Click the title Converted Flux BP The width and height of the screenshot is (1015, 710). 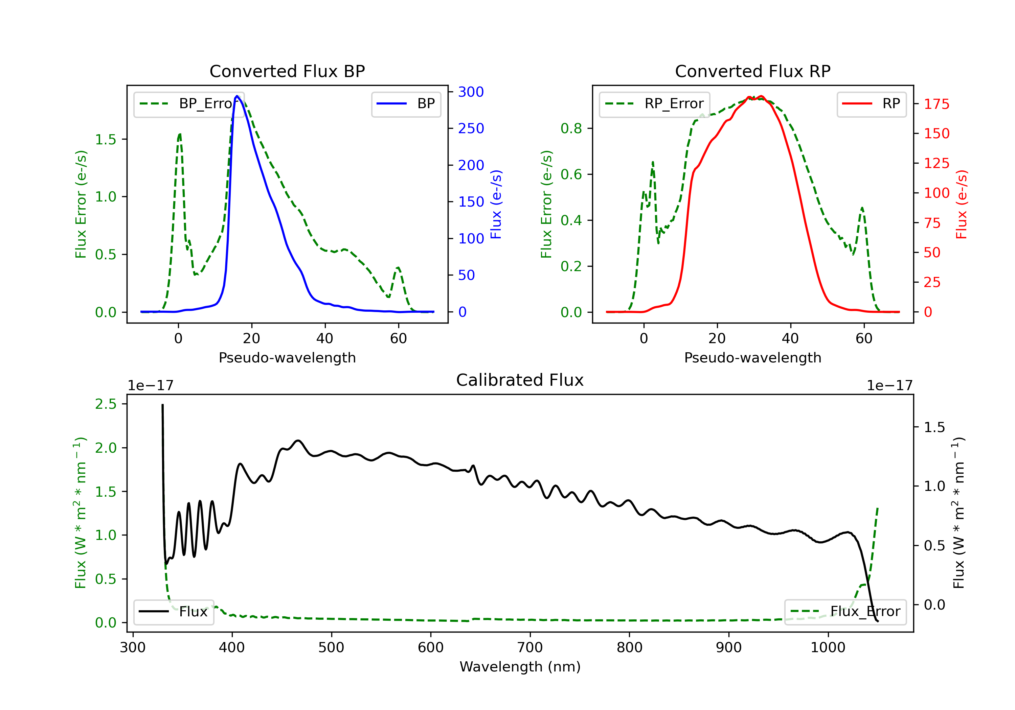coord(287,71)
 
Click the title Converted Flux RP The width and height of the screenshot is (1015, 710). coord(752,71)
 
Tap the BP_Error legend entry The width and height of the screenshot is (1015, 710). coord(189,104)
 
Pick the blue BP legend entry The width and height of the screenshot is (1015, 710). coord(406,104)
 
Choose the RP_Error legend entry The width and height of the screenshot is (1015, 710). coord(654,104)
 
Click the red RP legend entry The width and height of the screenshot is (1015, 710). coord(871,104)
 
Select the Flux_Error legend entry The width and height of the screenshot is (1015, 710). coord(845,612)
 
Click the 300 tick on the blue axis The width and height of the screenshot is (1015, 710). coord(471,92)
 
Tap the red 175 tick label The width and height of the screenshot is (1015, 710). coord(936,104)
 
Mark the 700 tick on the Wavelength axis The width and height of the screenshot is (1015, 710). coord(529,648)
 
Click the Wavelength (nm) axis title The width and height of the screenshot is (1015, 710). coord(520,667)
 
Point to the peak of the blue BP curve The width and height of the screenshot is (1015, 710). coord(237,96)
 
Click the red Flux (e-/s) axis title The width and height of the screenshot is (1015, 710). coord(962,205)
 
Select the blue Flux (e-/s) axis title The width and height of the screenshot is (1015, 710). coord(496,205)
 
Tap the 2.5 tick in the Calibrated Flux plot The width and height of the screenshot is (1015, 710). coord(106,404)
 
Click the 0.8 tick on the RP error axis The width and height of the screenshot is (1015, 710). coord(571,128)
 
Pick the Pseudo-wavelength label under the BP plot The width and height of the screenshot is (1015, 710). coord(287,357)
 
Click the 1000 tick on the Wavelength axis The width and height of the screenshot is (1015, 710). coord(828,648)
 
